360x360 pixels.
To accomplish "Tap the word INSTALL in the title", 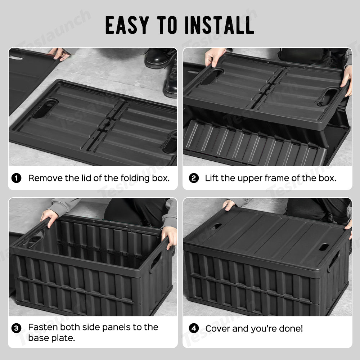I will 219,25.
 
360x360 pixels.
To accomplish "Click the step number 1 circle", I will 16,178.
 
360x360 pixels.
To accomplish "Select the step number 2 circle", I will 194,178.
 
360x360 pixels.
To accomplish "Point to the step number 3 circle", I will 16,328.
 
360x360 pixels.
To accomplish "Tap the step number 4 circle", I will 194,328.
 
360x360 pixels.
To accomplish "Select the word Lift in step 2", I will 211,178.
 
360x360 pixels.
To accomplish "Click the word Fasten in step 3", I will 43,327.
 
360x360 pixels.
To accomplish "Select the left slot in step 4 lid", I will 216,226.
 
